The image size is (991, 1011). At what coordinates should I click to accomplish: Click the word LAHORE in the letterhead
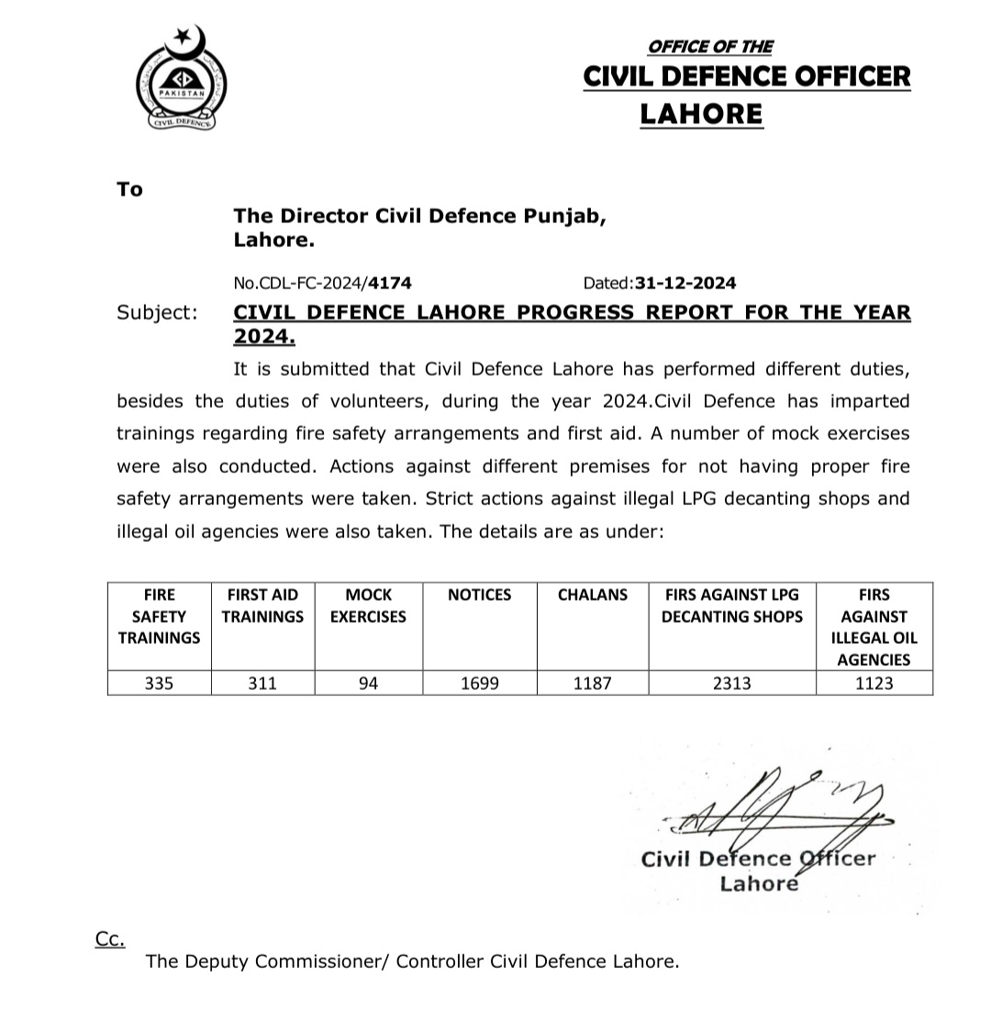pos(701,114)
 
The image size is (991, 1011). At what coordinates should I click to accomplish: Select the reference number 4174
pos(383,284)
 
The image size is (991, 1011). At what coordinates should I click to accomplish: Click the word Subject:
pos(157,313)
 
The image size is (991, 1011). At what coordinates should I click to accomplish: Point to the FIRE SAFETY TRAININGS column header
pos(159,616)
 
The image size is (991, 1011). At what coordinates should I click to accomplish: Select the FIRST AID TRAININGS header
pos(262,606)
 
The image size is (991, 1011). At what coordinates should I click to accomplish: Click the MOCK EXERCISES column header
pos(368,606)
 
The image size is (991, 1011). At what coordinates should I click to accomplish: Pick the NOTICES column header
pos(479,595)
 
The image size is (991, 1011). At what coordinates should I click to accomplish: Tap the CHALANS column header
pos(593,595)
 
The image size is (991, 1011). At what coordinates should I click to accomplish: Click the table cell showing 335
pos(159,683)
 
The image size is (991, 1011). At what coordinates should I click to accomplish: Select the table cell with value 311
pos(262,683)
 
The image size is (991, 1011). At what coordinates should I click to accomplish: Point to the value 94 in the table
pos(368,683)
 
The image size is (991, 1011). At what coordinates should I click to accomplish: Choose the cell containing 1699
pos(479,683)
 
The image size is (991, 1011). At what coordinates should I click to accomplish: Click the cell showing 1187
pos(593,683)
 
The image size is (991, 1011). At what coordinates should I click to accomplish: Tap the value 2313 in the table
pos(731,683)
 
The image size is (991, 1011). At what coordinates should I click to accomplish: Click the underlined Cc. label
pos(109,938)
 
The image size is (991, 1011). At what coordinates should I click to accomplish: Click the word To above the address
pos(130,190)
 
